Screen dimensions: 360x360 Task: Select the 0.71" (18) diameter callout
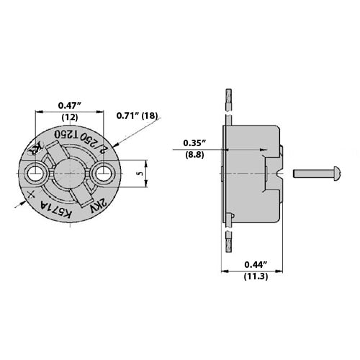(137, 114)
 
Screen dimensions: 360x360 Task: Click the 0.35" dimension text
(193, 142)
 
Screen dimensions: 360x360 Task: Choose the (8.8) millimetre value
(193, 154)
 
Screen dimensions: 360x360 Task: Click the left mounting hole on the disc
(33, 174)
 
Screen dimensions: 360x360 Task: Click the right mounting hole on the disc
(104, 174)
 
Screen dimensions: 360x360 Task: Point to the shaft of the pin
(310, 174)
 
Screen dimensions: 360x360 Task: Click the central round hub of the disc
(69, 174)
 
